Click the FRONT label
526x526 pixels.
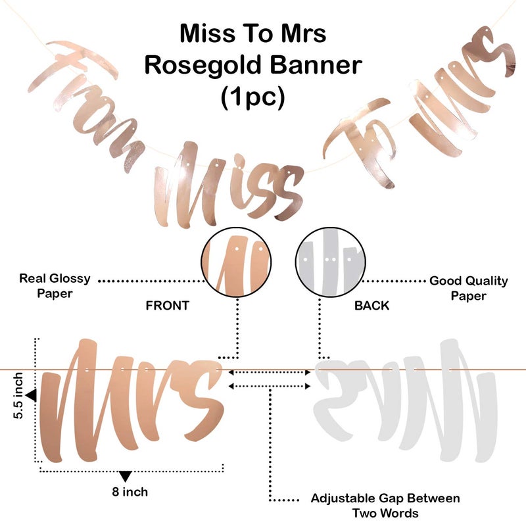tap(168, 306)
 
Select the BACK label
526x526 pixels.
tap(371, 306)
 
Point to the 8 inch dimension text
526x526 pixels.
tap(130, 492)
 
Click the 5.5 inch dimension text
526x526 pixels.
tap(18, 396)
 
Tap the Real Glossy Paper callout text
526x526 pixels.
tap(55, 286)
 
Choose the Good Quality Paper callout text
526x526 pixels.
tap(469, 288)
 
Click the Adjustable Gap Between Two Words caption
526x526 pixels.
tap(385, 506)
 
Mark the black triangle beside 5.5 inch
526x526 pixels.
tap(32, 395)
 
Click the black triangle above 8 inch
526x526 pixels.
tap(126, 476)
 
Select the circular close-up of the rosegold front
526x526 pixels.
tap(236, 262)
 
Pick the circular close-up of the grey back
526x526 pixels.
tap(331, 262)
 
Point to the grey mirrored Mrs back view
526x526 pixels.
tap(406, 401)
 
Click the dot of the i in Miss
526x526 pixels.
tap(239, 160)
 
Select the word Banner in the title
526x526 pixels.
tap(316, 64)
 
